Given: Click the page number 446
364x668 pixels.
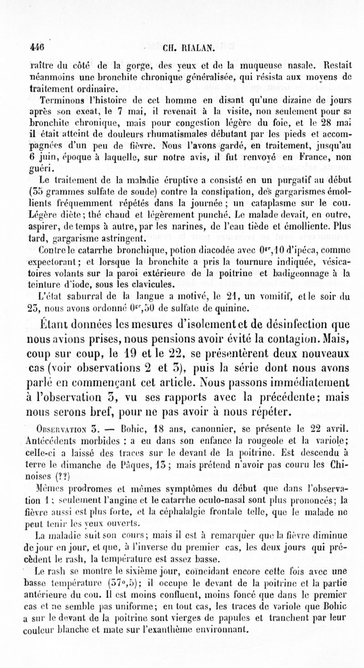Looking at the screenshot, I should (x=36, y=46).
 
